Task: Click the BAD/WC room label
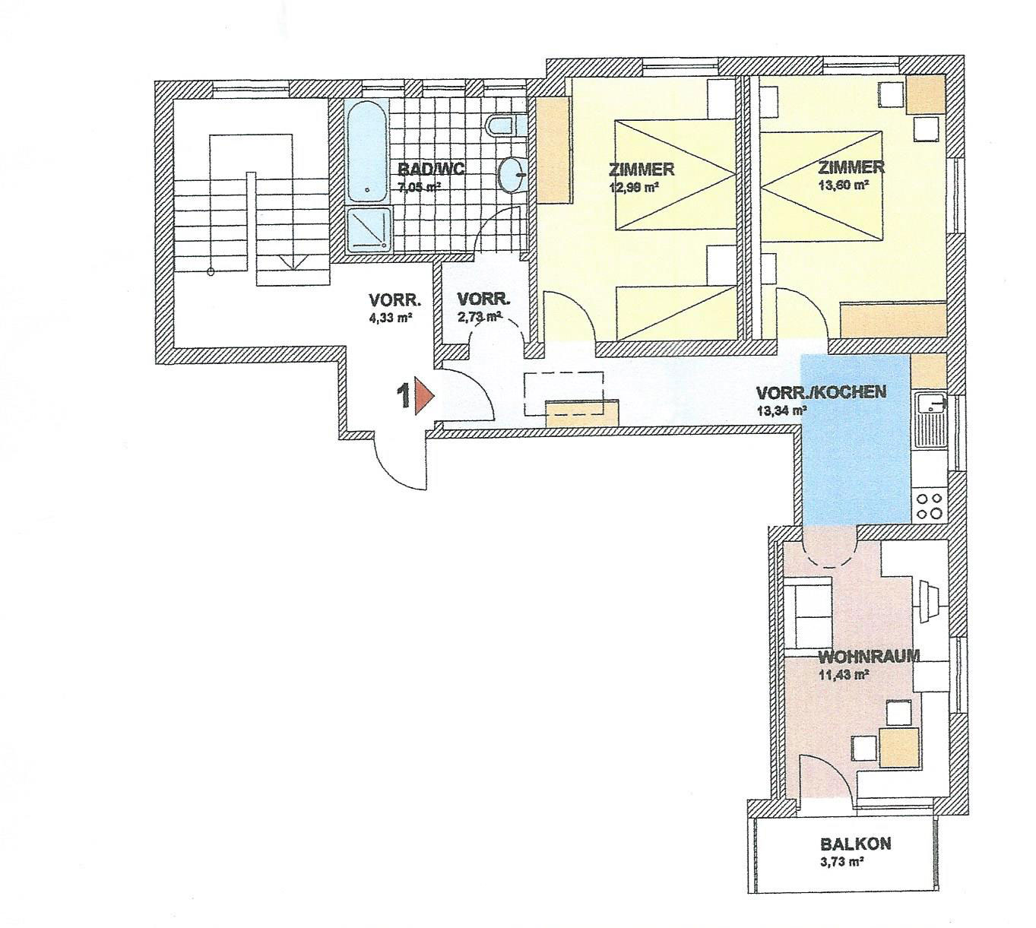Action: pyautogui.click(x=431, y=168)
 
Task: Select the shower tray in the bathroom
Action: pyautogui.click(x=368, y=230)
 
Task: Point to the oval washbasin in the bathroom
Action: pyautogui.click(x=512, y=174)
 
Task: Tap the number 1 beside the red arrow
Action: pyautogui.click(x=404, y=396)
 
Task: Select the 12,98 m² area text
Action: pyautogui.click(x=632, y=187)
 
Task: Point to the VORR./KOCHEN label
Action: pyautogui.click(x=821, y=392)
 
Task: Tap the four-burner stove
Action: pyautogui.click(x=929, y=506)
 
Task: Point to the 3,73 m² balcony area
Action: pyautogui.click(x=842, y=862)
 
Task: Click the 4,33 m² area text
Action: pyautogui.click(x=390, y=317)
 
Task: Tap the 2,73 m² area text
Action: pyautogui.click(x=479, y=317)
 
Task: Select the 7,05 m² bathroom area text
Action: pyautogui.click(x=420, y=187)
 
